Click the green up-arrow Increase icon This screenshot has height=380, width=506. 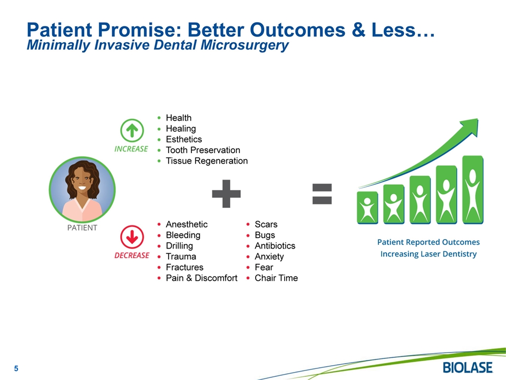[132, 130]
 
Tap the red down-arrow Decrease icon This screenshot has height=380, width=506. [132, 237]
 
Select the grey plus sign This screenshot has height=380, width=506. [226, 194]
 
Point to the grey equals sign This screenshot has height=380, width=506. [322, 194]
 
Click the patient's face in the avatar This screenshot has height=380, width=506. [82, 180]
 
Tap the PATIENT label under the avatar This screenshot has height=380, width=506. [82, 228]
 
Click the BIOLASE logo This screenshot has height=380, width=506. [468, 368]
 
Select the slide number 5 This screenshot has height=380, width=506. [16, 368]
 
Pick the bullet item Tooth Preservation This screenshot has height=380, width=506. [203, 150]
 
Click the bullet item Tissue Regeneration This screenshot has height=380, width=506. [207, 161]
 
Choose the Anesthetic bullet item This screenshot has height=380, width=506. [187, 224]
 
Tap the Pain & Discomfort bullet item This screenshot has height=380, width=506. [201, 278]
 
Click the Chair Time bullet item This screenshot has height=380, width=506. [276, 278]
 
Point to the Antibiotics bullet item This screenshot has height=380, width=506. [275, 246]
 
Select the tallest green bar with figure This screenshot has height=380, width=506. [473, 189]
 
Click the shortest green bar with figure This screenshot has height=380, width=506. [367, 208]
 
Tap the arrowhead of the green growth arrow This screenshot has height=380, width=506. [471, 126]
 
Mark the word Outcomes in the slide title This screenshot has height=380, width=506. [297, 30]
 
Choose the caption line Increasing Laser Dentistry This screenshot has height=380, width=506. [429, 254]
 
